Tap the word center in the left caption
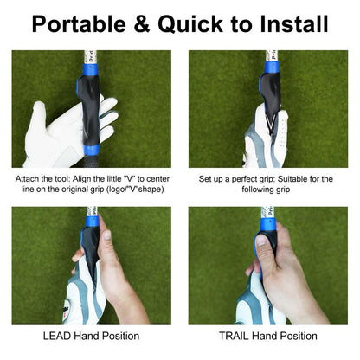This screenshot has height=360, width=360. (157, 179)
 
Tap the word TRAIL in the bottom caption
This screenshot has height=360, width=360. (236, 336)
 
